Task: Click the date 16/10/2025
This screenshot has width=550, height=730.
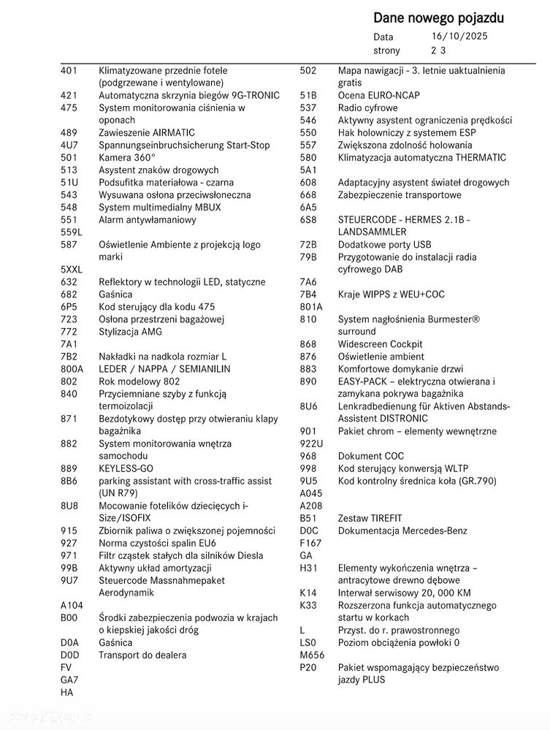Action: coord(459,36)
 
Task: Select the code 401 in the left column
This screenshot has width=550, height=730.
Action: coord(69,71)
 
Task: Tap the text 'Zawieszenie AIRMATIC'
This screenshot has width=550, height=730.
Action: coord(147,133)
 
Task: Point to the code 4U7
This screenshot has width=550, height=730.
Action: coord(69,145)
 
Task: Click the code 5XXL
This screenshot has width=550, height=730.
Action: coord(72,270)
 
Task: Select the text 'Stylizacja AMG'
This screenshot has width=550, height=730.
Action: coord(131,332)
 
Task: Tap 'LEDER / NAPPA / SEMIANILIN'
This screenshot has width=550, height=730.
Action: coord(164,369)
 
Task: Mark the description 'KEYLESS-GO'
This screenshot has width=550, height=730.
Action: coord(126,468)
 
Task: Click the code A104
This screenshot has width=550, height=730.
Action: coord(72,605)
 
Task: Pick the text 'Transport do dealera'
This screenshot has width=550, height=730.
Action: coord(142,655)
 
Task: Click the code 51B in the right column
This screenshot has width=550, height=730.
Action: coord(308,96)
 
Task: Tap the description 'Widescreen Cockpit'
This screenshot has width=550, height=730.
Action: coord(380,344)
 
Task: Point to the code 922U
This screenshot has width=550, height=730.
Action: coord(311,444)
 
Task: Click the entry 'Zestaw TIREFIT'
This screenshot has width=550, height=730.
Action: coord(371,518)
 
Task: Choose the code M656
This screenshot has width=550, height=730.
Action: coord(312,655)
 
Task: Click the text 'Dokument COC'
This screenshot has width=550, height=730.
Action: coord(370,456)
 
